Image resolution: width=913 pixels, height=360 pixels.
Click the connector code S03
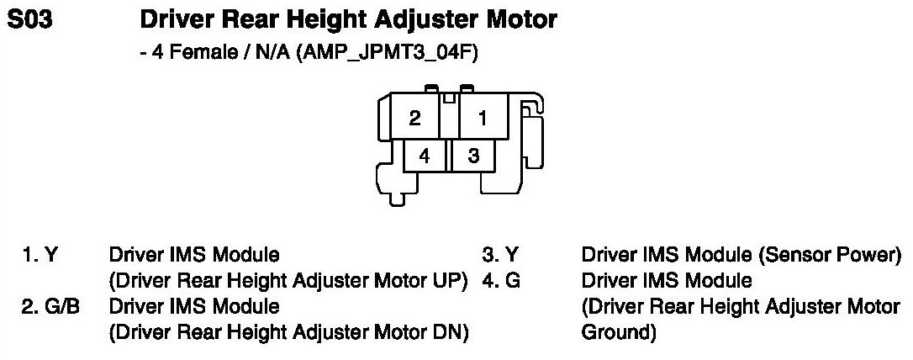click(x=30, y=20)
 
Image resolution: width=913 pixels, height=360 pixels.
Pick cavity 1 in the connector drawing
click(x=483, y=119)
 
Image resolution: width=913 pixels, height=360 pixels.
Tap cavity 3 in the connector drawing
click(x=473, y=156)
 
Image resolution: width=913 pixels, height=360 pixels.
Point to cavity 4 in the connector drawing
click(x=425, y=156)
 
